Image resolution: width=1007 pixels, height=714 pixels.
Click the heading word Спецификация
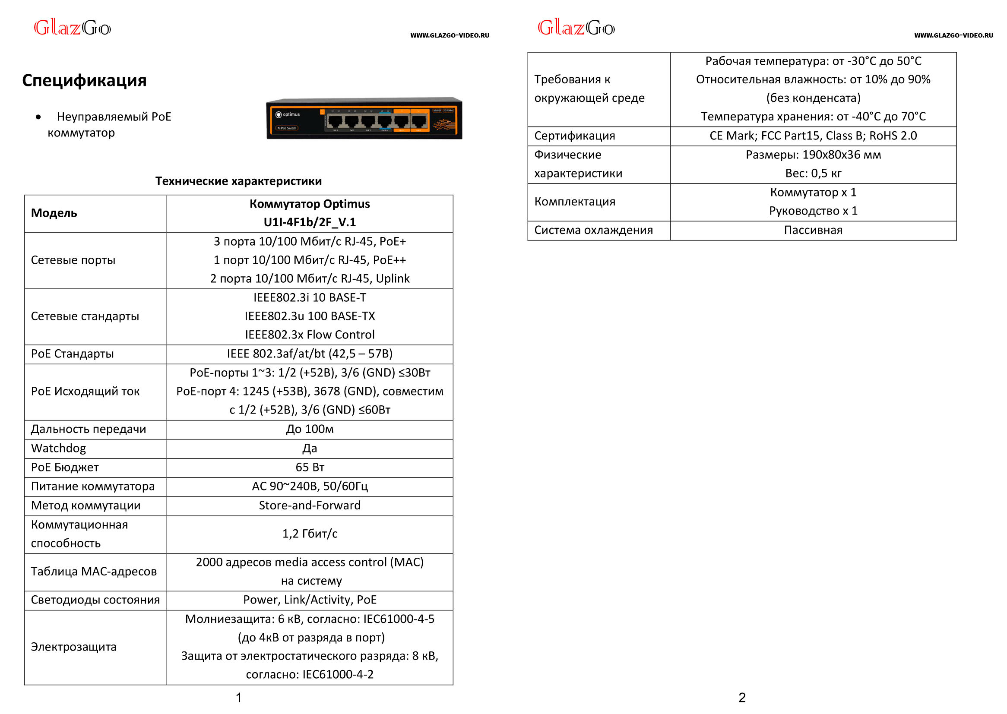coord(84,80)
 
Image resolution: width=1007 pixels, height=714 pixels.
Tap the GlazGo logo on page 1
coord(73,28)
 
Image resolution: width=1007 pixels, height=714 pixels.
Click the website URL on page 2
coord(953,35)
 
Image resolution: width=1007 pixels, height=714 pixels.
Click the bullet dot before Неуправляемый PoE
coord(39,117)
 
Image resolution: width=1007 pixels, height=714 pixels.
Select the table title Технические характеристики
coord(238,181)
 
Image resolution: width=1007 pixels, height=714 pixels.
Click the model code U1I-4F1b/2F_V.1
coord(310,222)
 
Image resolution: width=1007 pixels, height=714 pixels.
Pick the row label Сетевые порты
coord(73,260)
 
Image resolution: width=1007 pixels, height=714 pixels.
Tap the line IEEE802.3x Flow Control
coord(310,335)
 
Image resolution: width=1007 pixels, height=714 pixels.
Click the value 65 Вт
coord(310,468)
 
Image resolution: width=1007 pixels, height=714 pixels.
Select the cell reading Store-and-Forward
coord(310,505)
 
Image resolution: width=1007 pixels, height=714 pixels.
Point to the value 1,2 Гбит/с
coord(310,534)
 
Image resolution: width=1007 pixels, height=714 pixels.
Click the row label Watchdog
coord(58,449)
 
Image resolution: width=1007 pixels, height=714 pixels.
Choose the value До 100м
coord(310,429)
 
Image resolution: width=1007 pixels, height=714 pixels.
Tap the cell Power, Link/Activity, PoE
coord(310,600)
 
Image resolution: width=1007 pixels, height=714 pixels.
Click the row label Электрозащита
coord(73,647)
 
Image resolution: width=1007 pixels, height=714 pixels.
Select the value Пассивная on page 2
coord(813,231)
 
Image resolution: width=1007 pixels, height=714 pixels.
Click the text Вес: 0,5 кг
coord(813,174)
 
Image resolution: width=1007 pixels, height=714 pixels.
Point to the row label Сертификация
coord(574,136)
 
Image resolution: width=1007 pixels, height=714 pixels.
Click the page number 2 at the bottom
coord(742,698)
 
